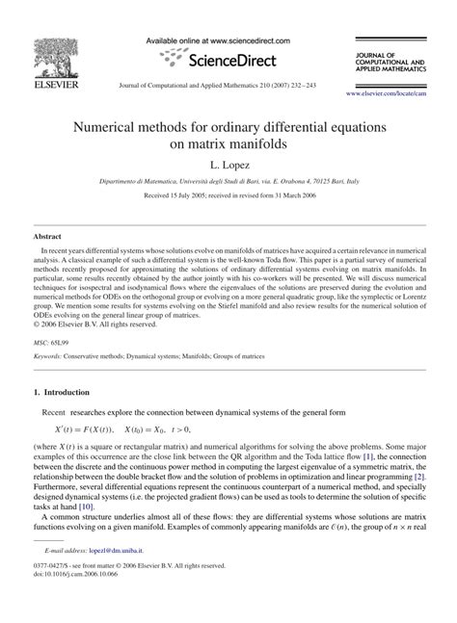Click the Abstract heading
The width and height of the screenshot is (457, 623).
pos(47,235)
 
